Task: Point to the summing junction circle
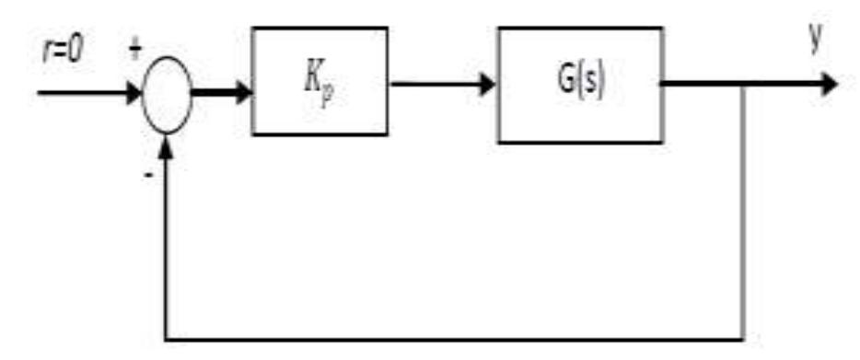[168, 93]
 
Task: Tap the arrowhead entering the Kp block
[243, 92]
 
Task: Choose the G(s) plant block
[579, 85]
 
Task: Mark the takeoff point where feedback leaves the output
[743, 86]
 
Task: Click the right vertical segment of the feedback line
[743, 212]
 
